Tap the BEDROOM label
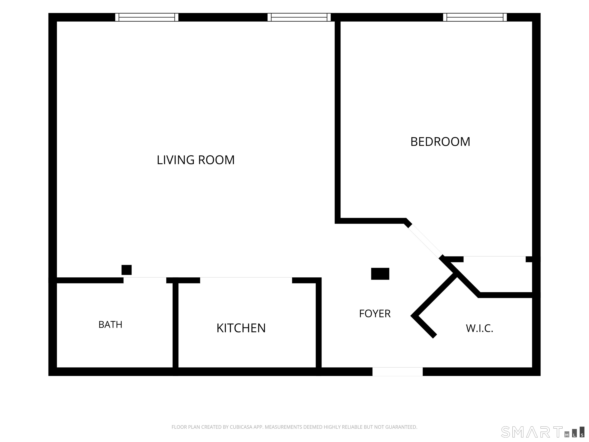tap(440, 142)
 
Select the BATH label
tap(110, 325)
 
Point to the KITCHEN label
tap(241, 328)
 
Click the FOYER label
tap(375, 314)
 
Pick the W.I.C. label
tap(479, 328)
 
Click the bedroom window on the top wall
tap(475, 17)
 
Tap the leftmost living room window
tap(147, 17)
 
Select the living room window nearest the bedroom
tap(299, 17)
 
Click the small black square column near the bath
tap(127, 270)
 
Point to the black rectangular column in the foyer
tap(380, 274)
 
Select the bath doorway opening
tap(145, 280)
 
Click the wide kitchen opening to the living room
tap(246, 280)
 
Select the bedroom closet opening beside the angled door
tap(494, 259)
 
